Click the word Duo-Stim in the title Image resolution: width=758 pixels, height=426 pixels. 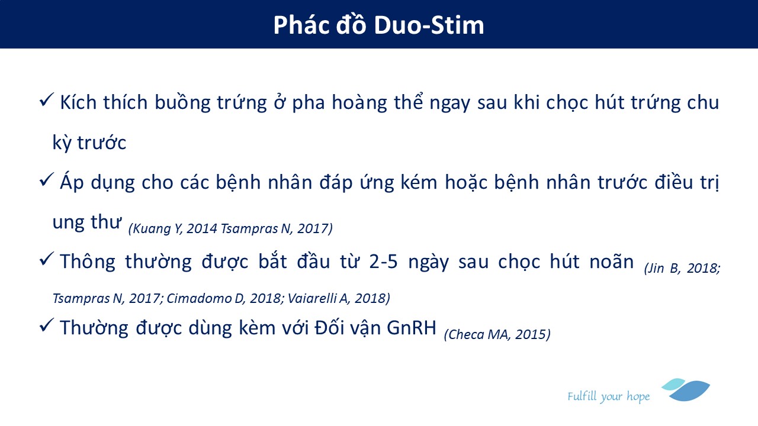(429, 25)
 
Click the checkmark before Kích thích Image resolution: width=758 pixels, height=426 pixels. (46, 100)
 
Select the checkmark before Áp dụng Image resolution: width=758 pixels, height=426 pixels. (46, 179)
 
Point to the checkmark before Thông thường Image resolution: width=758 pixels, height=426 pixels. (46, 259)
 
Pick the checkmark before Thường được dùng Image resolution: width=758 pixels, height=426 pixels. (46, 325)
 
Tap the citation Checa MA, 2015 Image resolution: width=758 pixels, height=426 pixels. (497, 335)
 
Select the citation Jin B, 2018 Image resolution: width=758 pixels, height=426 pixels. (682, 269)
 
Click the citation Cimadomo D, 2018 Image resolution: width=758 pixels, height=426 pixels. (224, 298)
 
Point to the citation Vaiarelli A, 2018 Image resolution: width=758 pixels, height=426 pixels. (339, 298)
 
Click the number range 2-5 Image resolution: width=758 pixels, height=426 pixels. (383, 262)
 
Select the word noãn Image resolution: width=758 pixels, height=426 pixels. (612, 262)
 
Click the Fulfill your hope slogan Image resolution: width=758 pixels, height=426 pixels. (608, 396)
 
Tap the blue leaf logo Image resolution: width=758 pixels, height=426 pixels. (686, 390)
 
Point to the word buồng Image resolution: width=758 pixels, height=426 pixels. (182, 103)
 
